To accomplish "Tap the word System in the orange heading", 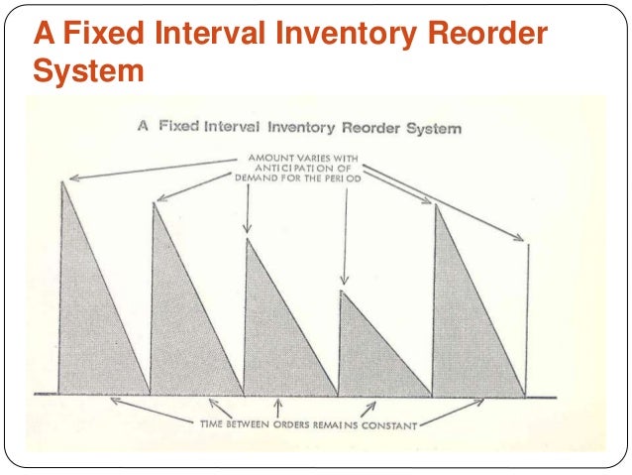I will pyautogui.click(x=88, y=72).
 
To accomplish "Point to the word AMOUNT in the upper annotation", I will pyautogui.click(x=267, y=157).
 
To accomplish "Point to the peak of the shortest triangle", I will pyautogui.click(x=341, y=291).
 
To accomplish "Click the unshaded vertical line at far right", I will pyautogui.click(x=527, y=317).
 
